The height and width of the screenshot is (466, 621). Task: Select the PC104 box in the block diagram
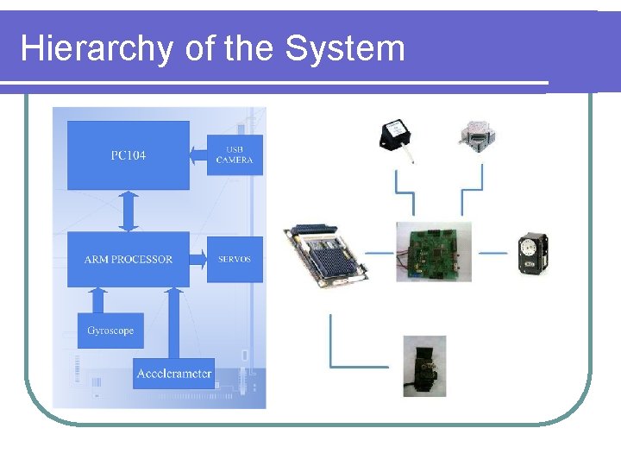pos(129,155)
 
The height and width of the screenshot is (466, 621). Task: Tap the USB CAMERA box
pos(235,155)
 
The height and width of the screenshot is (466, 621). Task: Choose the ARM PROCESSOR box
pos(129,258)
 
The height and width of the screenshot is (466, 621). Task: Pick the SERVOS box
pos(235,258)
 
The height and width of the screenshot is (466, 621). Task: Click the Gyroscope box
pos(110,331)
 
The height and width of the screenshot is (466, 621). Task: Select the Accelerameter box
pos(173,374)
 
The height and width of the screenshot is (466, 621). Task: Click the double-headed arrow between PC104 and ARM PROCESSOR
pos(129,211)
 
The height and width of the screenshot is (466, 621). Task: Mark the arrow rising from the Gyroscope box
pos(97,299)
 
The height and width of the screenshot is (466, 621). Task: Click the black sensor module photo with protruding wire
pos(397,136)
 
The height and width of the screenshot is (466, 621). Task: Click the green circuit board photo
pos(433,251)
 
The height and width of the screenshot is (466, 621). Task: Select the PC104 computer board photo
pos(327,253)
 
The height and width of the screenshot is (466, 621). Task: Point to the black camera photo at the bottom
pos(424,366)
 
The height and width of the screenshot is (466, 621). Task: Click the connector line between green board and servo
pos(492,253)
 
